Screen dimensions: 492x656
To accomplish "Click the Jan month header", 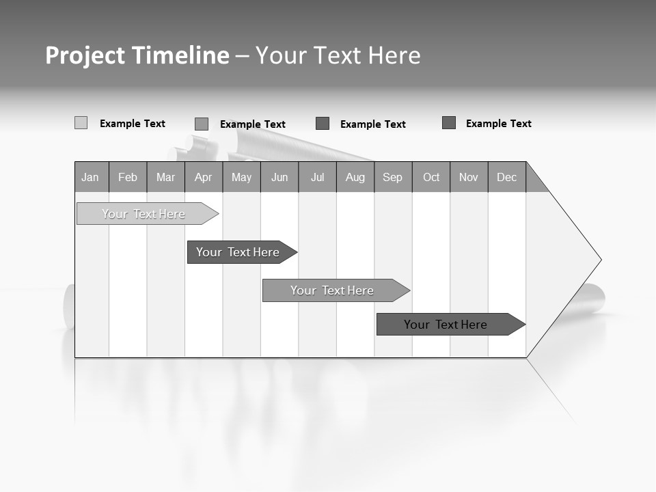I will [x=91, y=177].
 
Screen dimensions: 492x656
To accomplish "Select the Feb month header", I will [x=128, y=177].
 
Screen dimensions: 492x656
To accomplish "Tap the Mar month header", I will [x=165, y=177].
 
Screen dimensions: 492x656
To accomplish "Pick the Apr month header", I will [x=204, y=177].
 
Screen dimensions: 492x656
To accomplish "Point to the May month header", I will [x=241, y=177].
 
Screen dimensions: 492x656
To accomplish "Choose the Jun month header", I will [x=279, y=177].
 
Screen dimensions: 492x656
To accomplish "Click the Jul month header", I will [x=317, y=177].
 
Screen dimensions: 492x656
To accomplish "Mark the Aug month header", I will [x=355, y=177].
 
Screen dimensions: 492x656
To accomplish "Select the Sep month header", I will [x=393, y=177].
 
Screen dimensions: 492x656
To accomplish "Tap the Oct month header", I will [x=431, y=177].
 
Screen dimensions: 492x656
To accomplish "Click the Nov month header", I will [x=469, y=177].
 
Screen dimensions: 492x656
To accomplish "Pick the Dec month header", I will [x=507, y=177].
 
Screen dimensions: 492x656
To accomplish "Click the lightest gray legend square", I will [x=81, y=123].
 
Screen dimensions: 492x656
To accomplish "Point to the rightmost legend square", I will [x=449, y=123].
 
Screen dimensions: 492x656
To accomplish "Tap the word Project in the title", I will [x=85, y=55].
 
